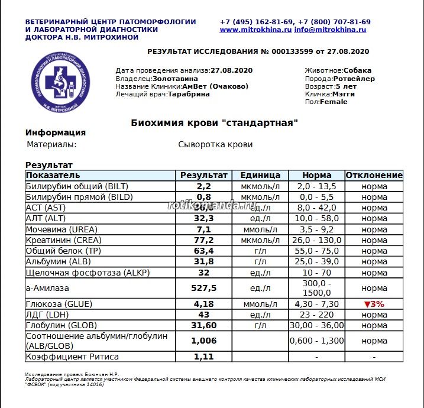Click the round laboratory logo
pyautogui.click(x=62, y=82)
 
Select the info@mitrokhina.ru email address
pyautogui.click(x=331, y=29)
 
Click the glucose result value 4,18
pyautogui.click(x=203, y=304)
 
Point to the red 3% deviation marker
pyautogui.click(x=374, y=304)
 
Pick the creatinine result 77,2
pyautogui.click(x=203, y=240)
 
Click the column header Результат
pyautogui.click(x=203, y=176)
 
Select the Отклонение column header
pyautogui.click(x=374, y=176)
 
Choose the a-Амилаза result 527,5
pyautogui.click(x=203, y=288)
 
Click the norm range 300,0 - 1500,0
pyautogui.click(x=316, y=288)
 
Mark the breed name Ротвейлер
pyautogui.click(x=354, y=79)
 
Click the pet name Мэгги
pyautogui.click(x=343, y=94)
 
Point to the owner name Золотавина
pyautogui.click(x=175, y=78)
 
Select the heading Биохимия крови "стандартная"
pyautogui.click(x=214, y=123)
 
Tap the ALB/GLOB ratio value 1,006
pyautogui.click(x=203, y=341)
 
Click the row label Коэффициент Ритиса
pyautogui.click(x=72, y=357)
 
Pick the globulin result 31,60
pyautogui.click(x=203, y=325)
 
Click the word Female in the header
pyautogui.click(x=334, y=102)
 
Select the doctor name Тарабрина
pyautogui.click(x=189, y=93)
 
